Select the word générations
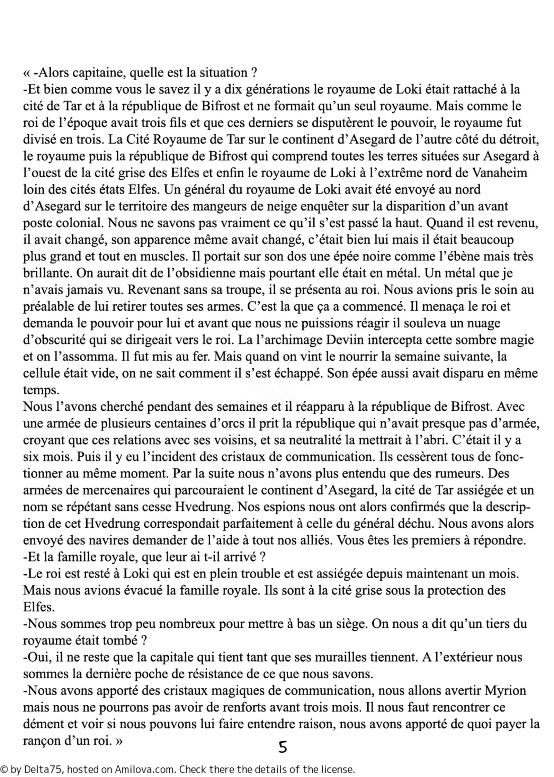274,90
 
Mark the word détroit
521,140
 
